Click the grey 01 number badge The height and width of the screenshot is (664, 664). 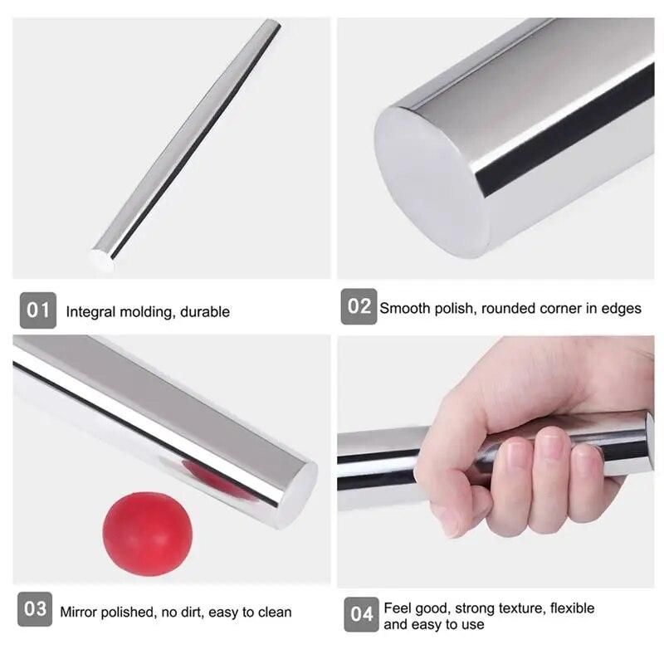(x=37, y=310)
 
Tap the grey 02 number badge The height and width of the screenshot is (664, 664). (x=359, y=306)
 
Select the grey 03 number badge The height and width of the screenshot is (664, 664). (x=35, y=609)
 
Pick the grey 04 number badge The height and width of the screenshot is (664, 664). (x=361, y=614)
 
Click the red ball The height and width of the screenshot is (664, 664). (x=148, y=534)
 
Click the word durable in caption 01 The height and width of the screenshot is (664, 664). (x=205, y=312)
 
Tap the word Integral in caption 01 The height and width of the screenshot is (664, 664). (x=90, y=313)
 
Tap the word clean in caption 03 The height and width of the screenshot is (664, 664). (x=275, y=612)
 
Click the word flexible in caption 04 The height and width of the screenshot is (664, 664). (x=572, y=608)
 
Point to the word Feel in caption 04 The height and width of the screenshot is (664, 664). (x=396, y=608)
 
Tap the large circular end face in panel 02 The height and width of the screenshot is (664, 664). (x=431, y=181)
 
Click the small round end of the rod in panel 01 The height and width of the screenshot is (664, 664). (x=101, y=259)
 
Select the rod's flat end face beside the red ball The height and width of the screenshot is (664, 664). (x=299, y=493)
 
